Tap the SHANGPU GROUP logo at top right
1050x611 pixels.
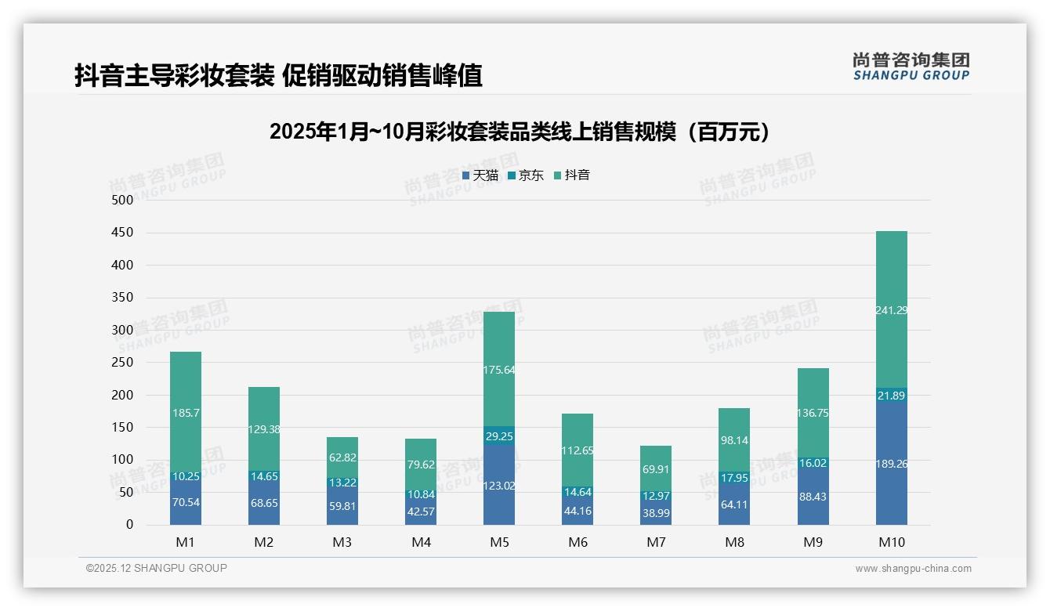911,67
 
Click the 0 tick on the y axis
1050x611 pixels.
129,525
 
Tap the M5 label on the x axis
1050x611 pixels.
499,542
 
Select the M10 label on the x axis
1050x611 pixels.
891,542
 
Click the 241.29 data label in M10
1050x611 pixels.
891,310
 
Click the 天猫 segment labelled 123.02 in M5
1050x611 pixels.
499,486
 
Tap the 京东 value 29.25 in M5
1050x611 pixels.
499,436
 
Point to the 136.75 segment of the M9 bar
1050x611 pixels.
813,413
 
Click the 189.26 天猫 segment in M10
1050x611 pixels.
891,464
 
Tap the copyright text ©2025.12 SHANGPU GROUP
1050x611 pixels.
156,568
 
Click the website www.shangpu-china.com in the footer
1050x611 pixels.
913,569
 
